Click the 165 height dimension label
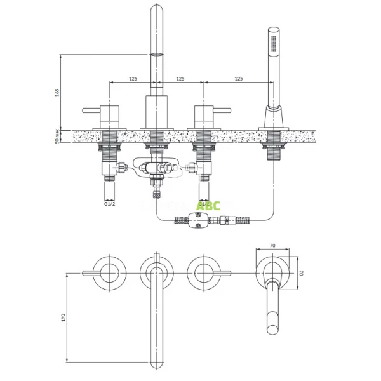pyautogui.click(x=57, y=93)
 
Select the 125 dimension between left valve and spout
pyautogui.click(x=133, y=78)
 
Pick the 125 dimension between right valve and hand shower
pyautogui.click(x=237, y=78)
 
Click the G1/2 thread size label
pyautogui.click(x=109, y=203)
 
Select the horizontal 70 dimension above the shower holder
pyautogui.click(x=273, y=244)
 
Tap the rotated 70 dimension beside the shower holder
pyautogui.click(x=302, y=273)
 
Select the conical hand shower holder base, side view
pyautogui.click(x=272, y=117)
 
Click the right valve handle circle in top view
pyautogui.click(x=203, y=273)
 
